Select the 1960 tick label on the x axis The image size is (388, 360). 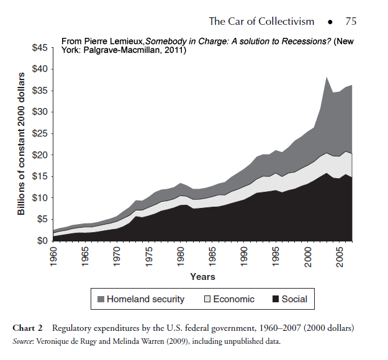(55, 256)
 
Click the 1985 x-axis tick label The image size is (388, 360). (212, 256)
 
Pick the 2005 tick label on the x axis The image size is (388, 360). (339, 256)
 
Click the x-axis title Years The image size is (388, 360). (202, 276)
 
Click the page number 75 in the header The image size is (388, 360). (351, 22)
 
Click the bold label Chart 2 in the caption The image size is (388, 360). (30, 327)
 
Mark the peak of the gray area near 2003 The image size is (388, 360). (327, 77)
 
